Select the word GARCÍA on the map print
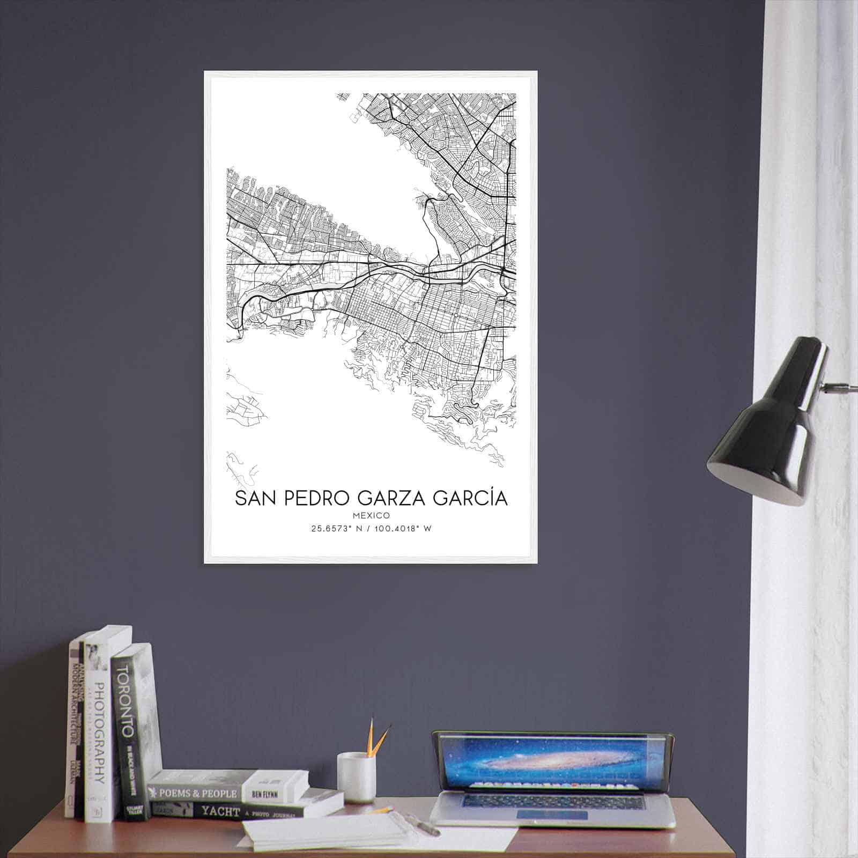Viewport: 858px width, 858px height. point(468,498)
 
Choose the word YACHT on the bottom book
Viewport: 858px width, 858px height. point(220,812)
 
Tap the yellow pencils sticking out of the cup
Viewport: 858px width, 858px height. point(378,737)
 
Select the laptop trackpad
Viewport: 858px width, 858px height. point(552,815)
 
